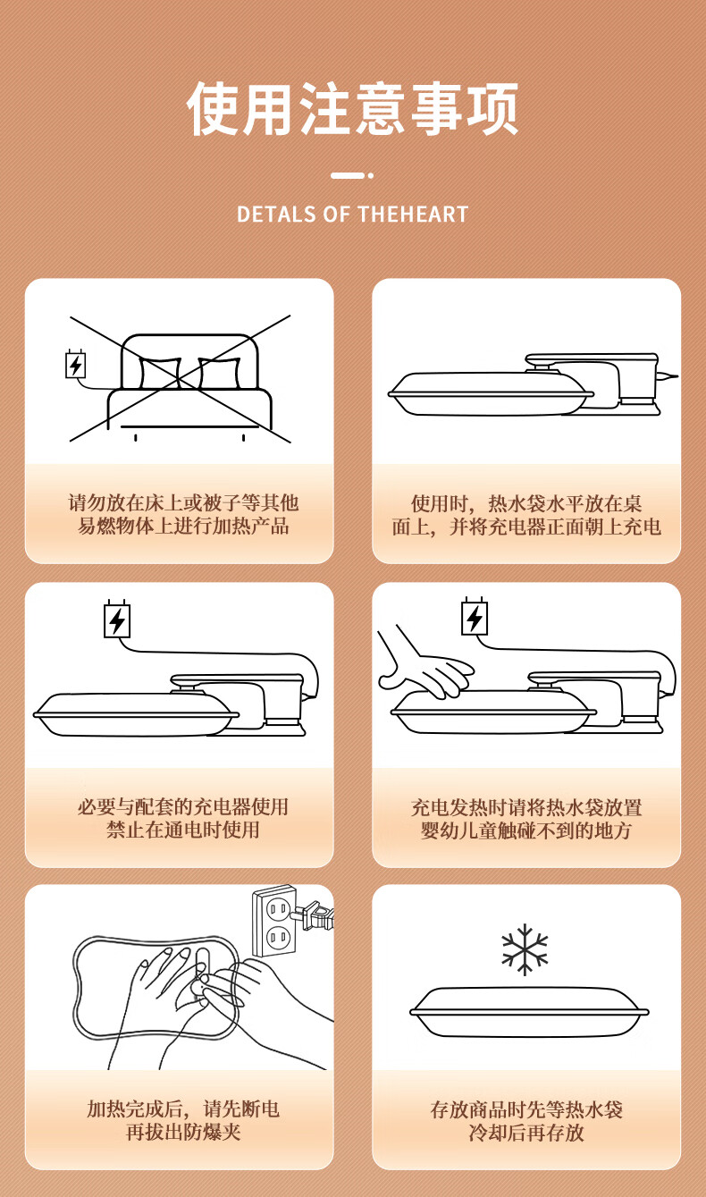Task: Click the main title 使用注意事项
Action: pos(352,108)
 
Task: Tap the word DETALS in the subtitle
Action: pos(276,215)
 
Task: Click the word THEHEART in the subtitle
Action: pos(413,215)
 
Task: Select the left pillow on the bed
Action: pos(160,373)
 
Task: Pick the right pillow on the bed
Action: pos(220,373)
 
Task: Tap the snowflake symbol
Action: pos(525,949)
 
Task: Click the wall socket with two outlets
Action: pos(274,921)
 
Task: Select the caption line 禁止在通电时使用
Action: pos(182,830)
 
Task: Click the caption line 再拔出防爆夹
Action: pos(183,1132)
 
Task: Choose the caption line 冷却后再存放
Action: pos(526,1133)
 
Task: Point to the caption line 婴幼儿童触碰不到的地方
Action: pos(526,830)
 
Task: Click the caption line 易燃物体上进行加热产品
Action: pos(183,526)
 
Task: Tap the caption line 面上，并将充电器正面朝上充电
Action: pos(526,527)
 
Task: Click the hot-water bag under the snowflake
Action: pos(529,1012)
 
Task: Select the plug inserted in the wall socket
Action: pos(314,915)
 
